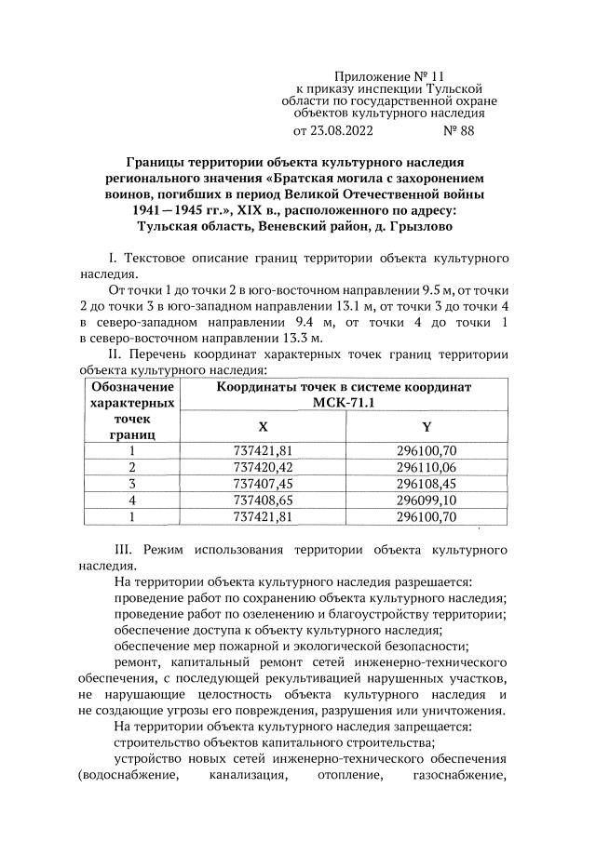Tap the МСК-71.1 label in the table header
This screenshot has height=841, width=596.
345,403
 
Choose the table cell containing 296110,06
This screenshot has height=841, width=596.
427,467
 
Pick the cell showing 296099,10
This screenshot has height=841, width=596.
427,501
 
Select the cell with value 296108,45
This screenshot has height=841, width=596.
427,484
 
